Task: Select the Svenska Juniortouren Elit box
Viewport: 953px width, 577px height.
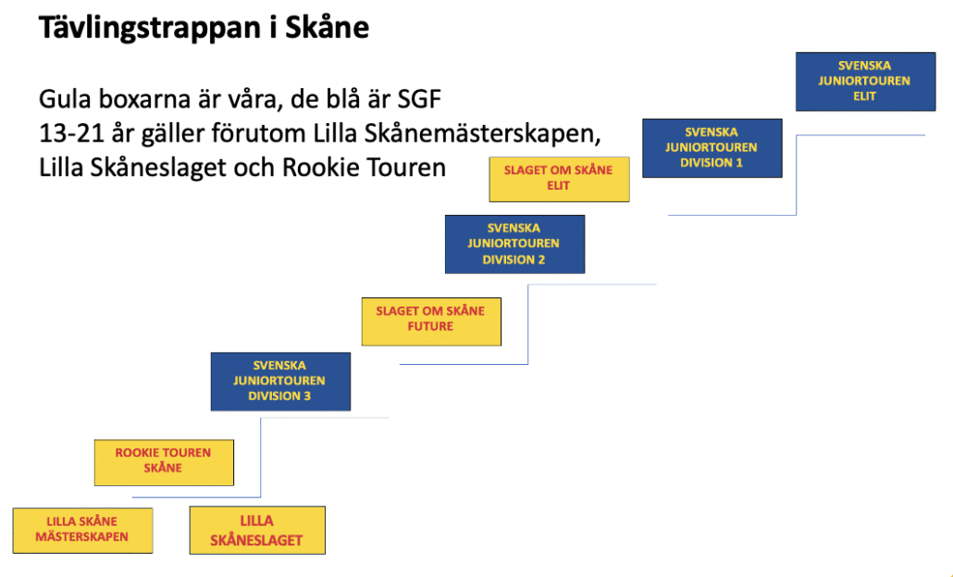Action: point(865,82)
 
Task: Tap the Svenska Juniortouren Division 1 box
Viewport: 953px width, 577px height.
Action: point(712,147)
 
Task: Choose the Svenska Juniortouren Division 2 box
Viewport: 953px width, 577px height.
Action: point(514,244)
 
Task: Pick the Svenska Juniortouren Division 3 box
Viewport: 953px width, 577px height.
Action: point(280,381)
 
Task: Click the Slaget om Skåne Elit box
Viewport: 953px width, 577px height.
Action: point(559,178)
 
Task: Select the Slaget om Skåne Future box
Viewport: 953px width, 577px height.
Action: point(431,320)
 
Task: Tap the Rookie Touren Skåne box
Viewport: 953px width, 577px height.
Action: point(164,461)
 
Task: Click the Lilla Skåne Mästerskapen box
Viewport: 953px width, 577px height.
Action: point(82,530)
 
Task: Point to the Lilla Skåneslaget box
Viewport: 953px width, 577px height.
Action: point(256,531)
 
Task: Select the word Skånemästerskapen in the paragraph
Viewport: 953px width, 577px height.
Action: point(489,134)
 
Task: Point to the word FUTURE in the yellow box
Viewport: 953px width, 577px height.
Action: point(430,327)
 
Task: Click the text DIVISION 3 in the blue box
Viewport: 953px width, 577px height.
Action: point(279,396)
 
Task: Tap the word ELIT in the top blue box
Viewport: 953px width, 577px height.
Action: point(865,96)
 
